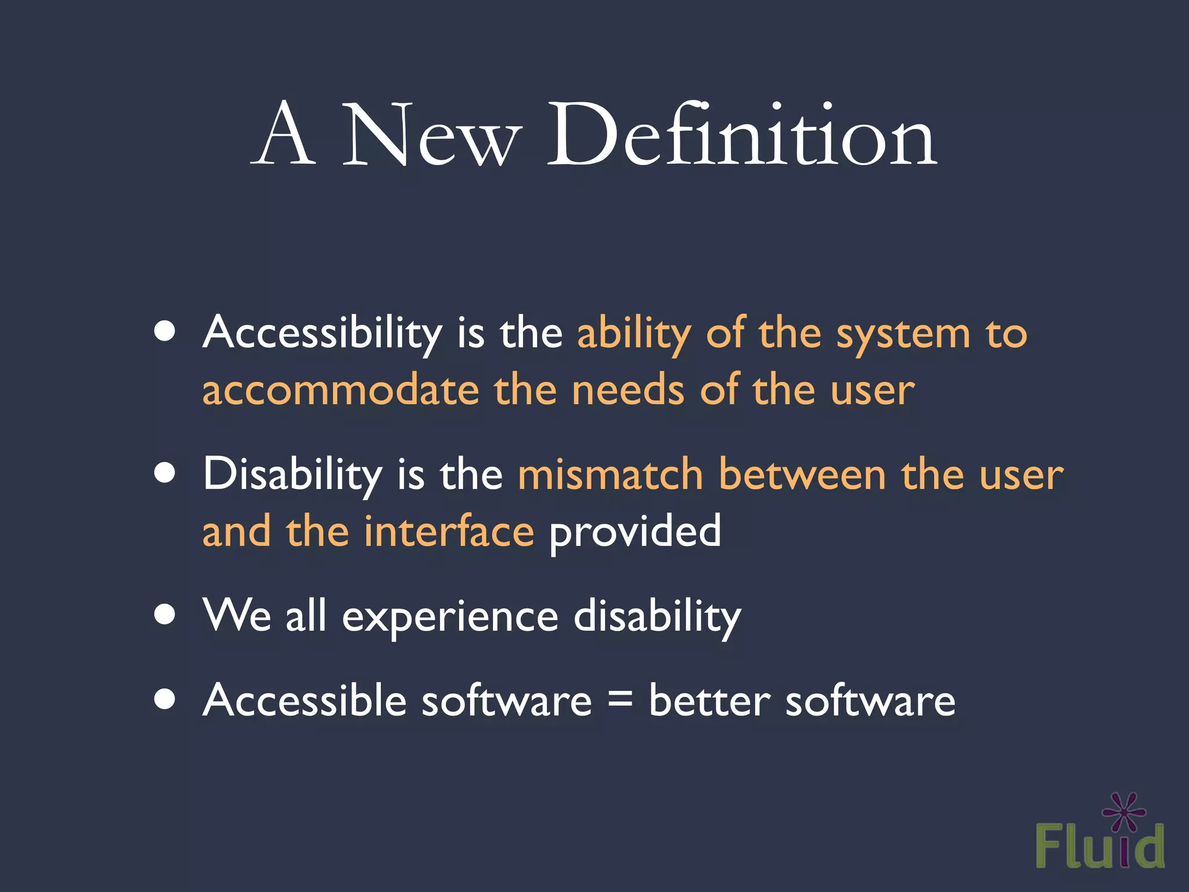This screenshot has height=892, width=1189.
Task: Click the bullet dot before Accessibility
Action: pos(165,332)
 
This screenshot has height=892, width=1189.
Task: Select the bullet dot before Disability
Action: pos(165,473)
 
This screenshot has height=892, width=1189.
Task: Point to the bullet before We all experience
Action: pos(165,614)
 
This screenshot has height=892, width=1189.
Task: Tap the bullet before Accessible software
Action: pos(165,699)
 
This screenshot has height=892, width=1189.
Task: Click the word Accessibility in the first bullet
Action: pos(322,333)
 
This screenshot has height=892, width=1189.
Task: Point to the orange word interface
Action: pos(449,531)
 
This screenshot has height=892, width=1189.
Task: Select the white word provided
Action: pos(635,532)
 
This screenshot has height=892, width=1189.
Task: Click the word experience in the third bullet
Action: pos(450,617)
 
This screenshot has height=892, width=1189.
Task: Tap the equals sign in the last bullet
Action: pos(620,699)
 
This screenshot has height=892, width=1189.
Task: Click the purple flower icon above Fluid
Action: pos(1124,812)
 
